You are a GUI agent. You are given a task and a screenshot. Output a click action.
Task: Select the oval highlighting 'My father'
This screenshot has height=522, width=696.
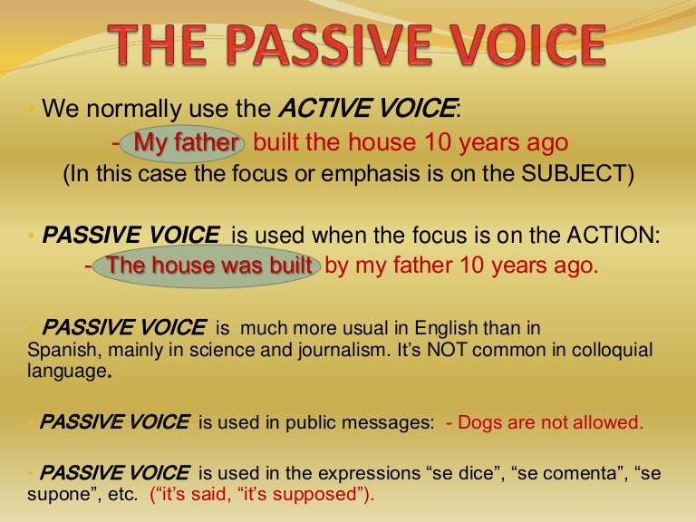pyautogui.click(x=187, y=142)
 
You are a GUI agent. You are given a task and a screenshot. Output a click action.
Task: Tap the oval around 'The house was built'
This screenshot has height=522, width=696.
pyautogui.click(x=208, y=266)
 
